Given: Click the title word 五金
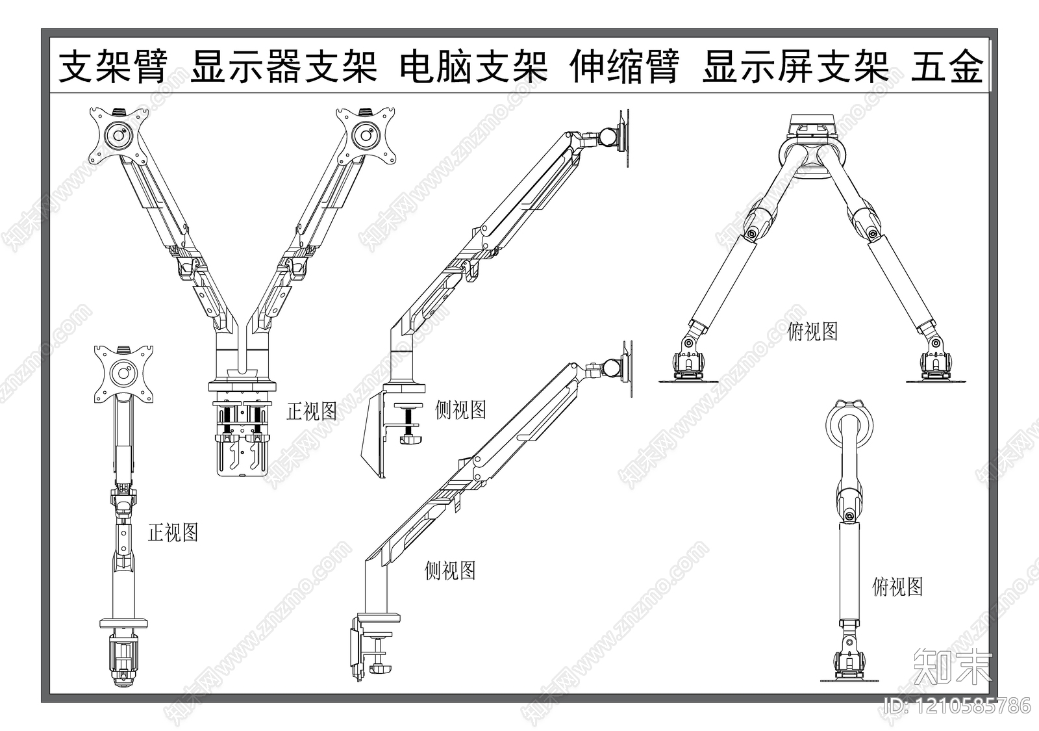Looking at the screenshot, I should (x=947, y=67).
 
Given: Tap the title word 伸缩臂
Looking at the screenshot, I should (x=625, y=67).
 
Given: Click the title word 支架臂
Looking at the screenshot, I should (x=114, y=67).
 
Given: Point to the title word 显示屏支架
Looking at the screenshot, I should (x=795, y=67).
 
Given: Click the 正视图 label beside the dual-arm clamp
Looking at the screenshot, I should (x=312, y=411).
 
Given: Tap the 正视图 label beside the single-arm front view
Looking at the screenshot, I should (x=173, y=533).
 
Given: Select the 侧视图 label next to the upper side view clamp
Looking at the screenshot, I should (x=460, y=410).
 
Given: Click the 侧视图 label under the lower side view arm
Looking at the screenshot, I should (x=450, y=571).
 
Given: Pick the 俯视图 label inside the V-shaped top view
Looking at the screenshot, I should (x=812, y=332).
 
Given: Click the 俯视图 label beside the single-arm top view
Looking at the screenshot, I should (x=897, y=587).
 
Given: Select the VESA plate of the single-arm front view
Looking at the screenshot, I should (x=123, y=374).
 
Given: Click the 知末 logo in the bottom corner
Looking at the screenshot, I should (x=953, y=666).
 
